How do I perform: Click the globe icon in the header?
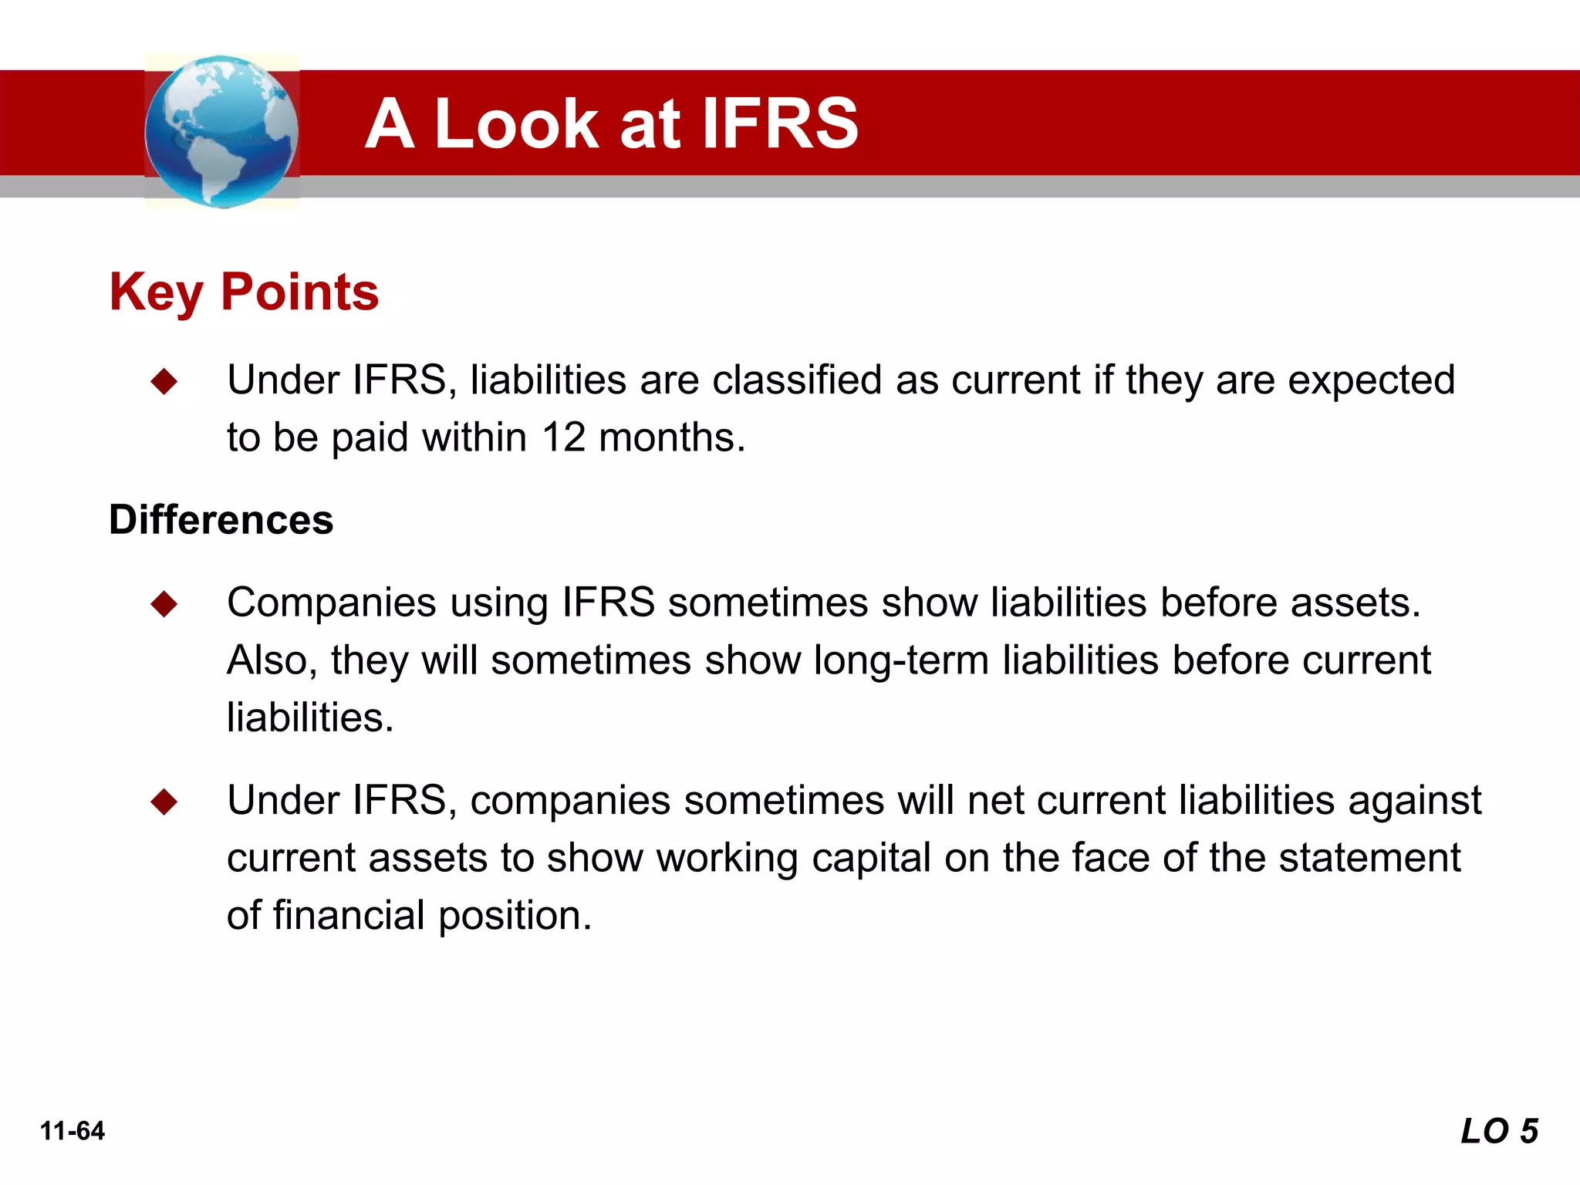tap(221, 131)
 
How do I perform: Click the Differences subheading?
tap(221, 519)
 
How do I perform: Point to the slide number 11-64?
tap(73, 1131)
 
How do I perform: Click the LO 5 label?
tap(1499, 1131)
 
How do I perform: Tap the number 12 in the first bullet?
tap(564, 437)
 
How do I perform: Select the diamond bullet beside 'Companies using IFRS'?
tap(164, 604)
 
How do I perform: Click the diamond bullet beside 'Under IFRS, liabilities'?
tap(164, 381)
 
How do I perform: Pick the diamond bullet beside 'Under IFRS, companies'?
tap(164, 802)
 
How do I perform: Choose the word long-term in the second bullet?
tap(901, 660)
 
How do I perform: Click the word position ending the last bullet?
tap(514, 916)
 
